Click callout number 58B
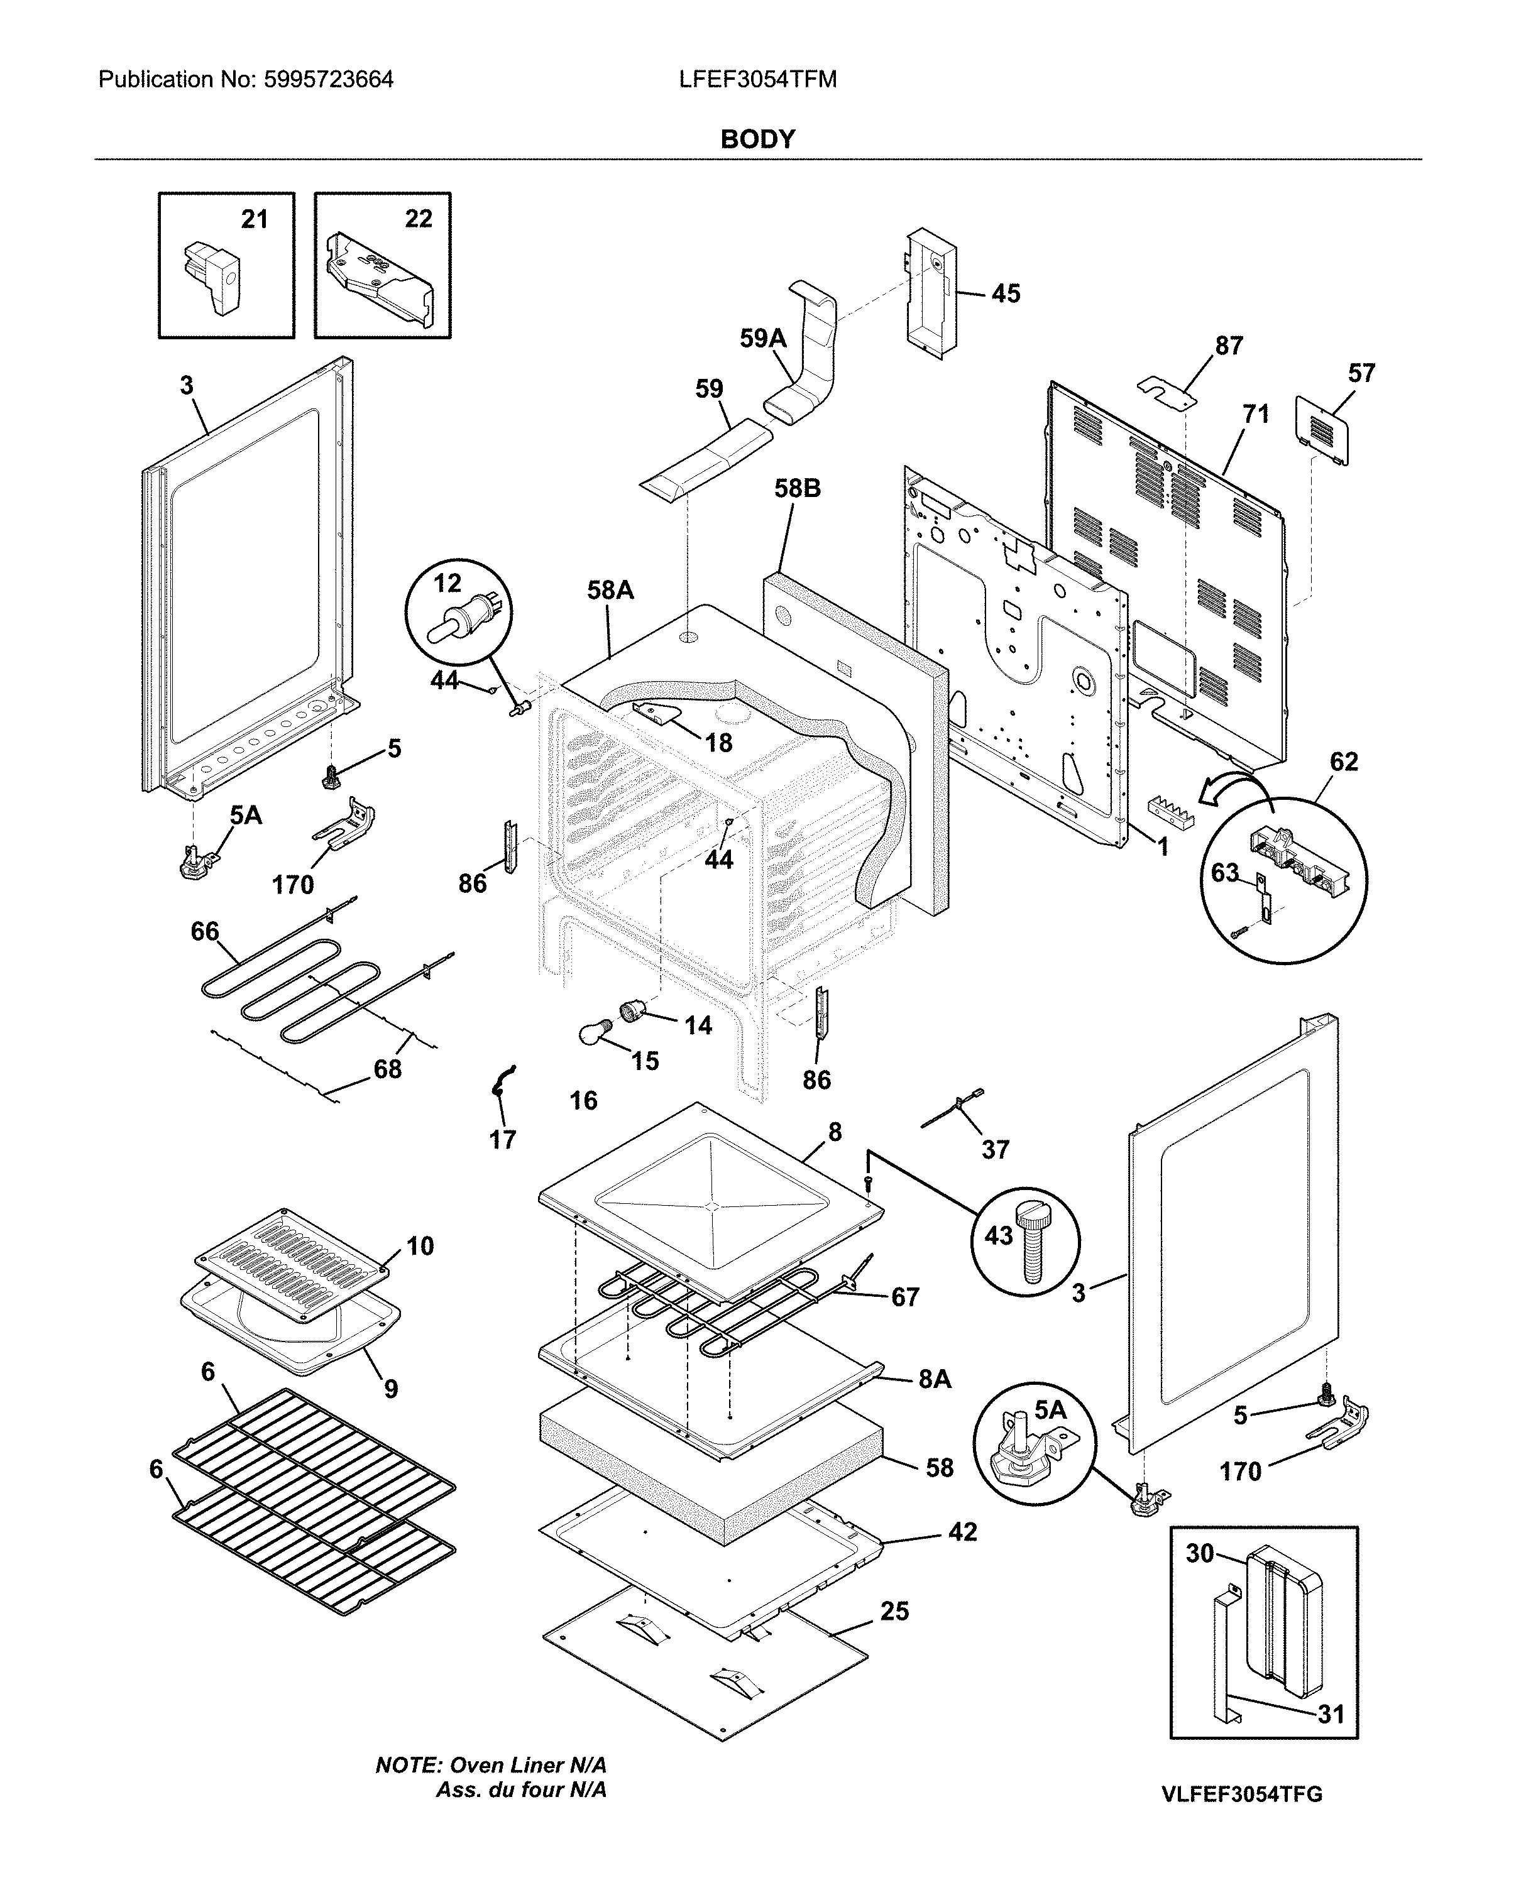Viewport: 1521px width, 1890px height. [x=797, y=488]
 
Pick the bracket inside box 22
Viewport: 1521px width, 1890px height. [x=379, y=279]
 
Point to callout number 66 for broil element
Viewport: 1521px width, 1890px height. [x=205, y=931]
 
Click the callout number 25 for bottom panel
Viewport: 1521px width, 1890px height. [x=894, y=1611]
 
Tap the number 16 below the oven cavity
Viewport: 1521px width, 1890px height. [x=583, y=1100]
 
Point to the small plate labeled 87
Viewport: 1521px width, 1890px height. [x=1167, y=391]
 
